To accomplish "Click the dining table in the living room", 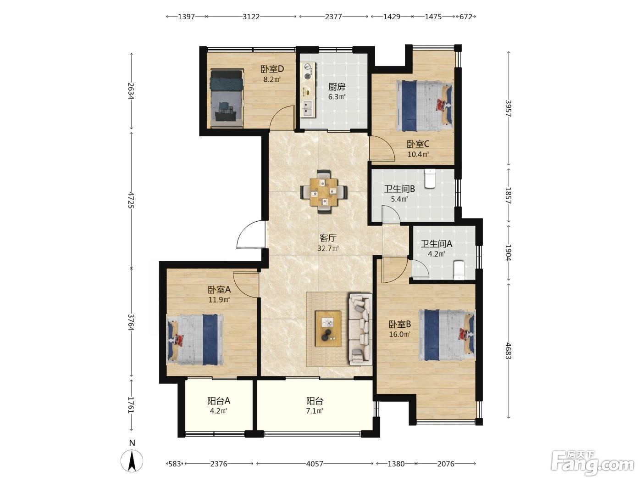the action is (324, 192).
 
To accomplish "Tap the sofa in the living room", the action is (360, 330).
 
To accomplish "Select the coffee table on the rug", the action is (328, 329).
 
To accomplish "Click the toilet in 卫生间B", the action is (430, 178).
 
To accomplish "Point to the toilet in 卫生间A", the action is (459, 270).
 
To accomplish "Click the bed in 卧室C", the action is (424, 106).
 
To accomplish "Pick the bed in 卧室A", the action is (195, 340).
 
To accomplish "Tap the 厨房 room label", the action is (336, 87).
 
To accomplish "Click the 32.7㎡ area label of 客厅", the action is (328, 248).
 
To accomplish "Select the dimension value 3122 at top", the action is (251, 17).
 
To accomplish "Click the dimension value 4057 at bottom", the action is (315, 464).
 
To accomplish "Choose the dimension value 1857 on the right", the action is (508, 196).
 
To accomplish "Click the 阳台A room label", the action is (219, 401).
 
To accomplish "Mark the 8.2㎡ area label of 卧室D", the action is (272, 79).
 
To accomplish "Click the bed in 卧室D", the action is (227, 98).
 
